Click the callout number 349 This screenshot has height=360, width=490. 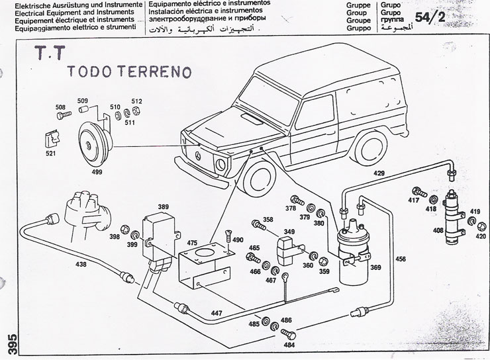point(289,232)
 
